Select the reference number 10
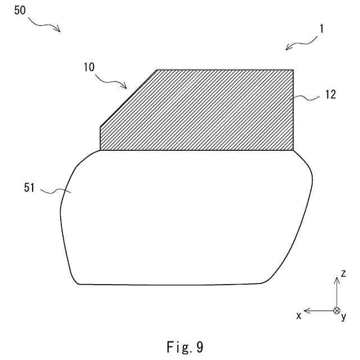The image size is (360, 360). pyautogui.click(x=88, y=66)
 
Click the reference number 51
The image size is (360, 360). pyautogui.click(x=29, y=188)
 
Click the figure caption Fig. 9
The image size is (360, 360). pyautogui.click(x=184, y=347)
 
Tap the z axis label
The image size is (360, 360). pyautogui.click(x=343, y=273)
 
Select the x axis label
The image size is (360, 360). pyautogui.click(x=299, y=316)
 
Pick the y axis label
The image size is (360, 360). pyautogui.click(x=343, y=317)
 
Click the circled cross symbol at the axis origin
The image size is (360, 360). pyautogui.click(x=336, y=310)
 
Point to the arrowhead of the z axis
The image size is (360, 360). pyautogui.click(x=336, y=280)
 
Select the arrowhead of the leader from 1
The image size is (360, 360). pyautogui.click(x=287, y=49)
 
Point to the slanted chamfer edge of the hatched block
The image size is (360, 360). pyautogui.click(x=128, y=98)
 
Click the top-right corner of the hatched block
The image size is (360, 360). pyautogui.click(x=294, y=70)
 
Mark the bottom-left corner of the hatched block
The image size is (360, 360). pyautogui.click(x=100, y=150)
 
